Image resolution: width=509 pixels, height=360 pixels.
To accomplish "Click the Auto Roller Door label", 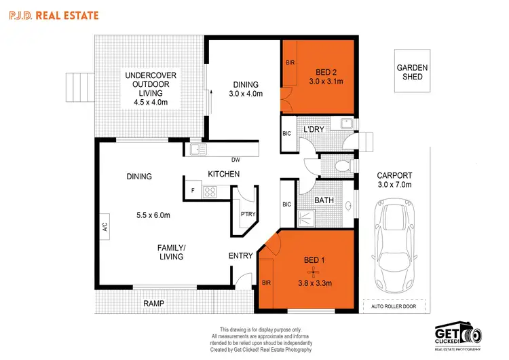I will [x=394, y=306].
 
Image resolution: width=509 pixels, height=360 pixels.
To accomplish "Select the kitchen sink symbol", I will [x=197, y=149].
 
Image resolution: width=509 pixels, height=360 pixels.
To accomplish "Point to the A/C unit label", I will [x=105, y=229].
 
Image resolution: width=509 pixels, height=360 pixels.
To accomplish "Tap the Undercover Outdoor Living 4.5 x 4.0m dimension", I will [x=151, y=103].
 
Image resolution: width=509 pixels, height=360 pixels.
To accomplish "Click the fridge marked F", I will [x=193, y=191].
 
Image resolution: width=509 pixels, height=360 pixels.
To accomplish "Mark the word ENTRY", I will [x=241, y=255].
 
